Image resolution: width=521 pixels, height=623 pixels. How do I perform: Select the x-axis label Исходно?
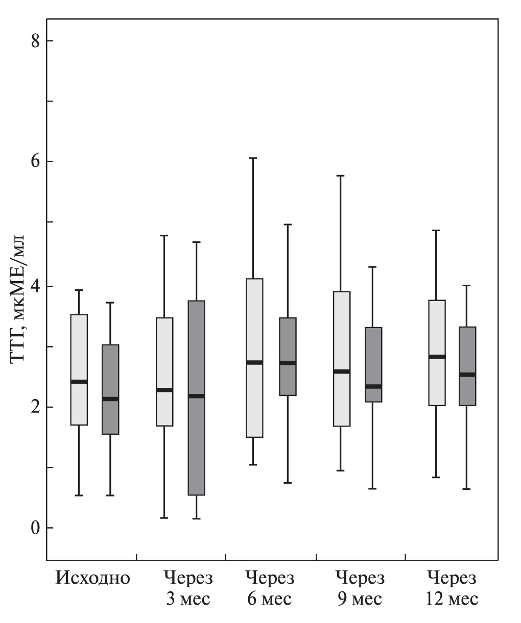tap(93, 579)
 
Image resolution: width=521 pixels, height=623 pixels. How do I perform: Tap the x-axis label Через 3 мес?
tap(187, 588)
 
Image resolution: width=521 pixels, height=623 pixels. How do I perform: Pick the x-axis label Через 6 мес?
tap(270, 588)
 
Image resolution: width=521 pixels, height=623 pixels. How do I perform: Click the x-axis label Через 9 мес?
tap(360, 588)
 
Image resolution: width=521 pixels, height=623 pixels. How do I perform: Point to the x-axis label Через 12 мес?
tap(452, 588)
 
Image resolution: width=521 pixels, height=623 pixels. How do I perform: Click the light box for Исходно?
tap(79, 347)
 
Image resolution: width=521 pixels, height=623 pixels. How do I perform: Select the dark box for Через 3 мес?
tap(197, 444)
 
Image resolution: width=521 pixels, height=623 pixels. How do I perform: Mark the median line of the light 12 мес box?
tap(437, 357)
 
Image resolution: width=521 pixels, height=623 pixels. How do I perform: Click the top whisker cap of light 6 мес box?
tap(254, 158)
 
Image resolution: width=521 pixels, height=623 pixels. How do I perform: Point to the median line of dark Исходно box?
tap(110, 399)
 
